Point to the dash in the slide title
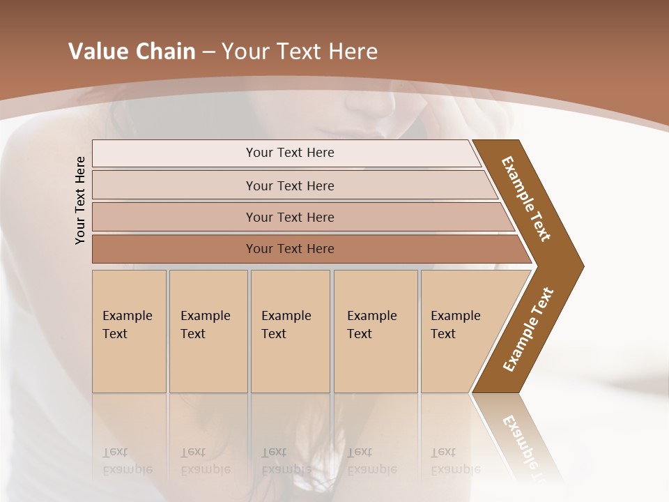208,52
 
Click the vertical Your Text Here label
80,200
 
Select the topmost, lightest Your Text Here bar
289,153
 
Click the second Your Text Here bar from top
289,185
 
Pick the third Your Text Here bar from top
289,217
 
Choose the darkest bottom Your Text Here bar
289,249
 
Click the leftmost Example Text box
129,331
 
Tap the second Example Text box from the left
208,331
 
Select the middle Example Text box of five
290,331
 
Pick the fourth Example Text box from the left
376,331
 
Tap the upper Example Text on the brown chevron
526,199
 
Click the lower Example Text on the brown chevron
528,330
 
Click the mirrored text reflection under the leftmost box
127,461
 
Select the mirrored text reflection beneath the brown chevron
523,446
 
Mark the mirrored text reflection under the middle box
286,461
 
